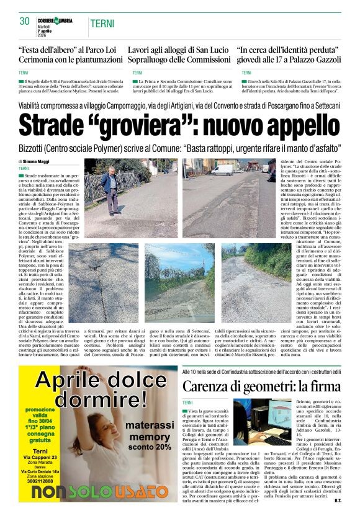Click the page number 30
point(25,21)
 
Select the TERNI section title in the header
point(102,24)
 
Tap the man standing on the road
point(111,189)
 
